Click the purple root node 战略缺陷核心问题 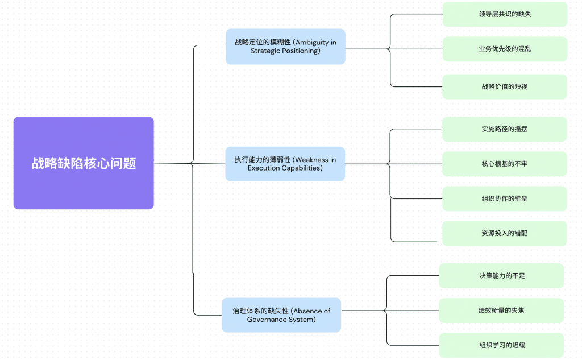pos(84,163)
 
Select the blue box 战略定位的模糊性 pos(285,47)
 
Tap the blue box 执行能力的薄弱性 pos(285,164)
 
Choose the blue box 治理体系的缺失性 pos(281,315)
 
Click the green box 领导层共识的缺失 pos(505,14)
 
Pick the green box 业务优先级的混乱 pos(505,49)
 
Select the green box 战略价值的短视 pos(505,86)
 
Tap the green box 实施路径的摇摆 pos(505,129)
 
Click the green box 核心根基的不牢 pos(505,164)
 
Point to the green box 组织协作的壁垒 pos(505,198)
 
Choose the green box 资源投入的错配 pos(505,233)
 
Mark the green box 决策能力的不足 pos(501,276)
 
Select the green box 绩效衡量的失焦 pos(501,311)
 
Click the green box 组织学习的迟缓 pos(501,345)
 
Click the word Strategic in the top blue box pos(265,51)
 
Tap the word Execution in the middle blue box pos(263,168)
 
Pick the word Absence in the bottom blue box pos(307,311)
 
